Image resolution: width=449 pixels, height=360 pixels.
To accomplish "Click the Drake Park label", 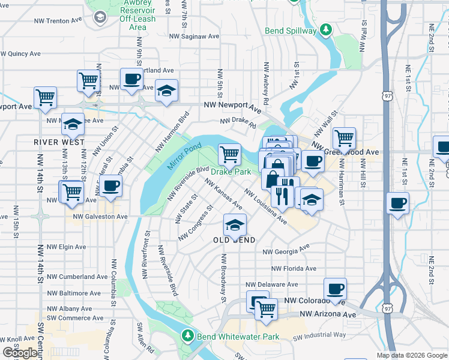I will tap(231, 172).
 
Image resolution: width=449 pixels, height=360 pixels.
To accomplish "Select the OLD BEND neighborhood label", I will tap(234, 240).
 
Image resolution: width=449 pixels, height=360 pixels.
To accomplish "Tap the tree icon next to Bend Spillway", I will tap(325, 29).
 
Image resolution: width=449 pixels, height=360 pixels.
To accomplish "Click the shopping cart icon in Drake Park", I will tap(229, 154).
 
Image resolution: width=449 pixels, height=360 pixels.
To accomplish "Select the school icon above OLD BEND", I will tap(234, 224).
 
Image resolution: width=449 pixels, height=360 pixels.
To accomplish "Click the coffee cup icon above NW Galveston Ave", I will tap(110, 186).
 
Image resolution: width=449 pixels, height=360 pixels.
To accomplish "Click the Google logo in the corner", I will tap(20, 353).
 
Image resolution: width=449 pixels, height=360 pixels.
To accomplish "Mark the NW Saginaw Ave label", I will tap(194, 36).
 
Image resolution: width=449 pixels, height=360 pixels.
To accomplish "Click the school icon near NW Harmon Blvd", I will tap(167, 91).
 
